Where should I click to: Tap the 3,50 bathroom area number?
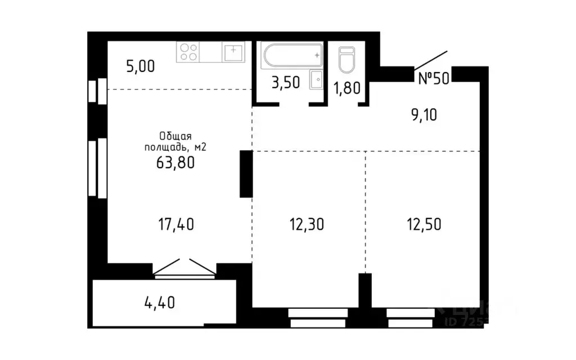click(286, 83)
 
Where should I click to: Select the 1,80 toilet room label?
click(347, 88)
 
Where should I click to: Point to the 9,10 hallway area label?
click(423, 115)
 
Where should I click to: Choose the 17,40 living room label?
click(176, 224)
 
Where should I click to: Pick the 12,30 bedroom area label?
click(307, 224)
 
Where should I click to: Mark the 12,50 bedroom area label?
click(424, 224)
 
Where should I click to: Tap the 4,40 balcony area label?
click(159, 302)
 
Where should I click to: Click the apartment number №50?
click(433, 78)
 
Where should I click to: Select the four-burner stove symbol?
click(188, 52)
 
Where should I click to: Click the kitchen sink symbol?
click(233, 52)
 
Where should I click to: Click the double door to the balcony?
click(185, 269)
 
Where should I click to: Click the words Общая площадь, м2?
click(175, 142)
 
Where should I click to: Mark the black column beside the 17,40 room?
click(246, 174)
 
